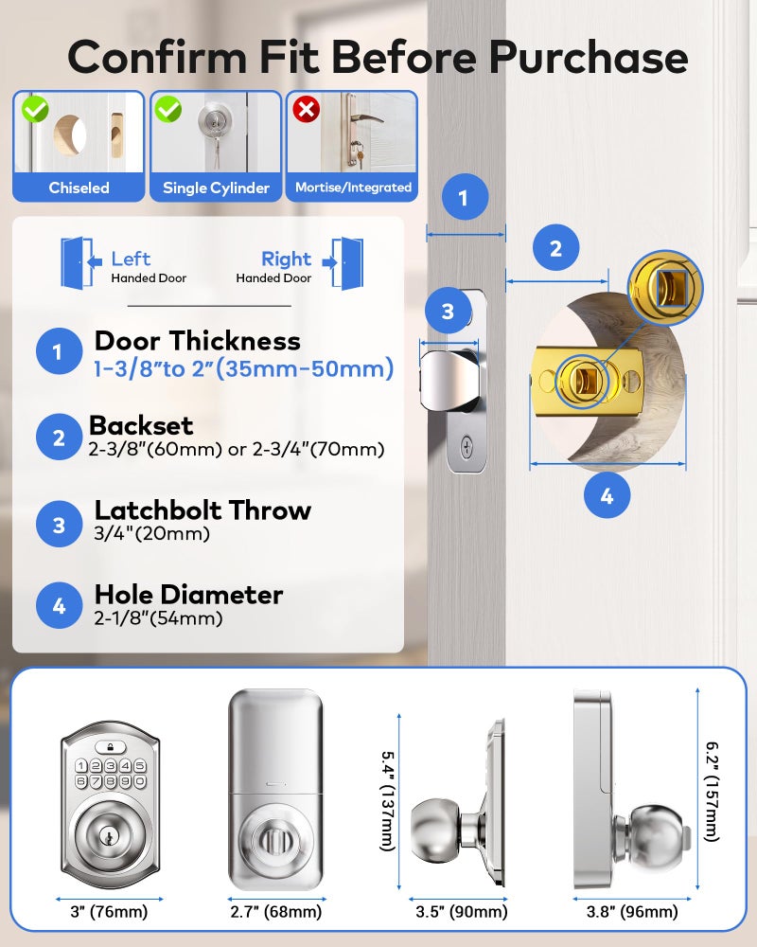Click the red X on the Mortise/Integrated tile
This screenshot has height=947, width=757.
pyautogui.click(x=306, y=111)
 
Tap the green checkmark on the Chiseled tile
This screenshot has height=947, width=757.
pyautogui.click(x=35, y=111)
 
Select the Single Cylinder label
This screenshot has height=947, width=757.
pyautogui.click(x=216, y=188)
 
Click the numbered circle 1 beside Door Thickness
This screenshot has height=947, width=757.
pyautogui.click(x=59, y=353)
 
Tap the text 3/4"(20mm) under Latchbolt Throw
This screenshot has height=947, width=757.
pyautogui.click(x=151, y=533)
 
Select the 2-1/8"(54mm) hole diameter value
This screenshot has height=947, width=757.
pyautogui.click(x=158, y=618)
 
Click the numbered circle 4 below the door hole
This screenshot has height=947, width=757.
pyautogui.click(x=607, y=495)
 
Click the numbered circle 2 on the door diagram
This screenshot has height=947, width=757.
pyautogui.click(x=555, y=248)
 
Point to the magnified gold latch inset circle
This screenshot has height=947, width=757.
pyautogui.click(x=666, y=288)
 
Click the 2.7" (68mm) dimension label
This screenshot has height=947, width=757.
pyautogui.click(x=275, y=912)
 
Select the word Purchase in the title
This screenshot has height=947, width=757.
pyautogui.click(x=588, y=57)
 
